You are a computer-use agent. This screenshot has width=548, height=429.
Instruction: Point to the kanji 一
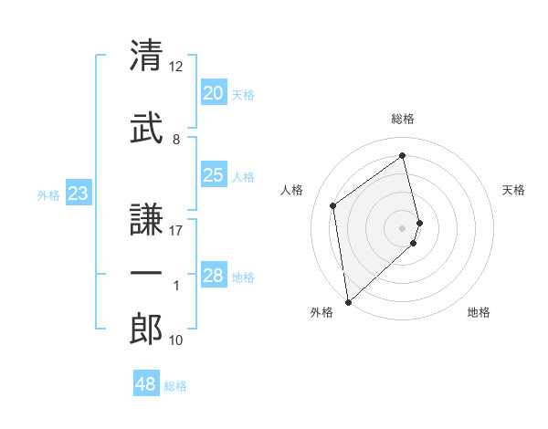tap(146, 274)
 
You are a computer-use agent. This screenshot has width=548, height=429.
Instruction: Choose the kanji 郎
tap(146, 330)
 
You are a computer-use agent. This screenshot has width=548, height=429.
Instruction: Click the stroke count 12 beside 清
tap(177, 66)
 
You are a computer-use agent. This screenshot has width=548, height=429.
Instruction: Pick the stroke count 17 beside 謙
tap(177, 230)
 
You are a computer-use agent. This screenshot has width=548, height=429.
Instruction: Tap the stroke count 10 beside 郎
tap(177, 340)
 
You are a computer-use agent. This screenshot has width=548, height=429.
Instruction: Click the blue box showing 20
tap(213, 93)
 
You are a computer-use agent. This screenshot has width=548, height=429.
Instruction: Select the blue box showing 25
tap(213, 175)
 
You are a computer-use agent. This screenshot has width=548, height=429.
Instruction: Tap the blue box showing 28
tap(213, 276)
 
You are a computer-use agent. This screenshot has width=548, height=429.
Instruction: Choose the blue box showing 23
tap(78, 194)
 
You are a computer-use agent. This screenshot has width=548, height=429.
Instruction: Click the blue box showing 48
tap(146, 384)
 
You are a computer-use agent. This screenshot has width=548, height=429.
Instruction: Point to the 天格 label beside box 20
tap(243, 95)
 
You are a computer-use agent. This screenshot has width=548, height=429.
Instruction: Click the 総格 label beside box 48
tap(175, 386)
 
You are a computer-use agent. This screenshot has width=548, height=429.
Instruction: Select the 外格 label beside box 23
tap(48, 194)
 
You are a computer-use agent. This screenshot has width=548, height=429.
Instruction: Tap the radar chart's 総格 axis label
tap(403, 119)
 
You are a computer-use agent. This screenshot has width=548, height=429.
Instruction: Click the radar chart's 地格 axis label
tap(479, 312)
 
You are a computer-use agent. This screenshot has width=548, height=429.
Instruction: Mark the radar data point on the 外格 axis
tap(348, 301)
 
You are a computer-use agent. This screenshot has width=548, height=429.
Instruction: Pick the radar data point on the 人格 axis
tap(333, 205)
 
